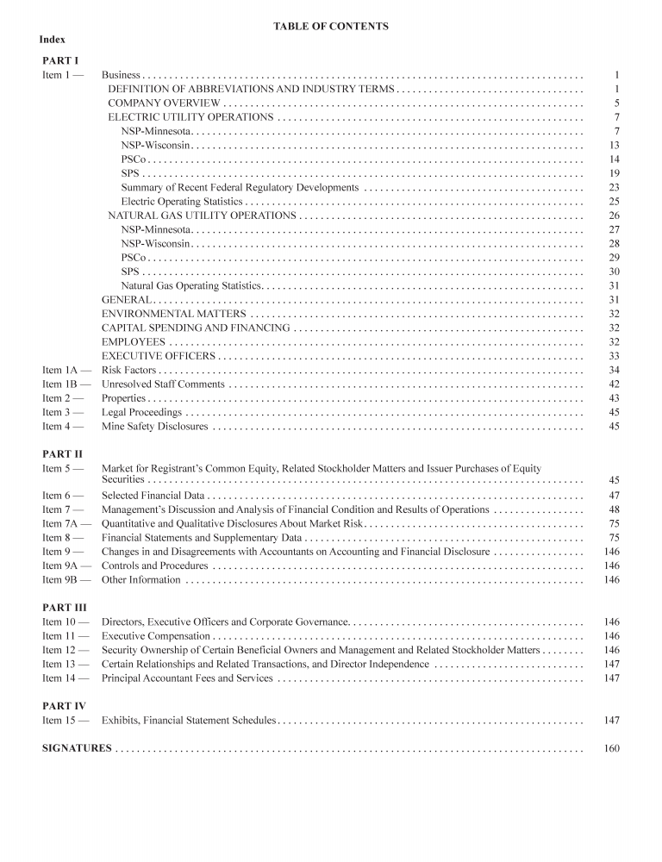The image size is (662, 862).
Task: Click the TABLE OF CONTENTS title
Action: [331, 27]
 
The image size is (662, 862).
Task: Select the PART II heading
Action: [62, 453]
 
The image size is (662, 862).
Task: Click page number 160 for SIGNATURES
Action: [612, 748]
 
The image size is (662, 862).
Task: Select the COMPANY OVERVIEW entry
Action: [164, 103]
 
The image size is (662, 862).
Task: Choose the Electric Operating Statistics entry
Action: [182, 201]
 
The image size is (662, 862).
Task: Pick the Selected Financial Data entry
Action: [153, 496]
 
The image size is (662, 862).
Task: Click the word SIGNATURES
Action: [77, 748]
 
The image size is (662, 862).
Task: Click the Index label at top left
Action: [53, 40]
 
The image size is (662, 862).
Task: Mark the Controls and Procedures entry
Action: [154, 565]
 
